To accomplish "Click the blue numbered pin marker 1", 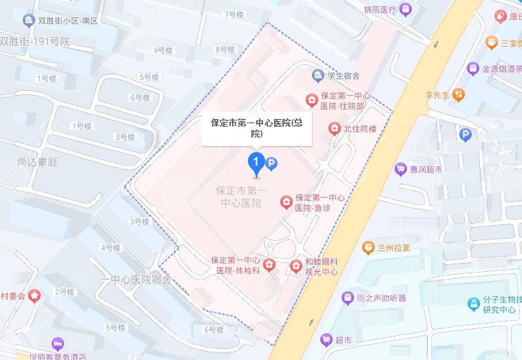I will click(x=255, y=164).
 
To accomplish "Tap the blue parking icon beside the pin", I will click(x=271, y=163).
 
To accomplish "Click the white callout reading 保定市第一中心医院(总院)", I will click(x=256, y=128).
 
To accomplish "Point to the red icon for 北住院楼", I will click(x=333, y=128).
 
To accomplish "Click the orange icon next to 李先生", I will click(x=459, y=94).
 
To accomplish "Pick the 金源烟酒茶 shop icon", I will click(x=472, y=69).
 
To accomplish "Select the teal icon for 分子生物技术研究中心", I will click(x=473, y=304).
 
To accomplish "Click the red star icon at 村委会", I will click(x=34, y=295).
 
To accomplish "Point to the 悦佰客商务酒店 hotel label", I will click(x=67, y=355).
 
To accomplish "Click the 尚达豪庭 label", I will click(x=39, y=162).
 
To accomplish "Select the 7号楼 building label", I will click(x=234, y=14).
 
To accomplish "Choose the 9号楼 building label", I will click(x=163, y=50).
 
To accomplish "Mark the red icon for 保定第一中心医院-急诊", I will click(x=285, y=202).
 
